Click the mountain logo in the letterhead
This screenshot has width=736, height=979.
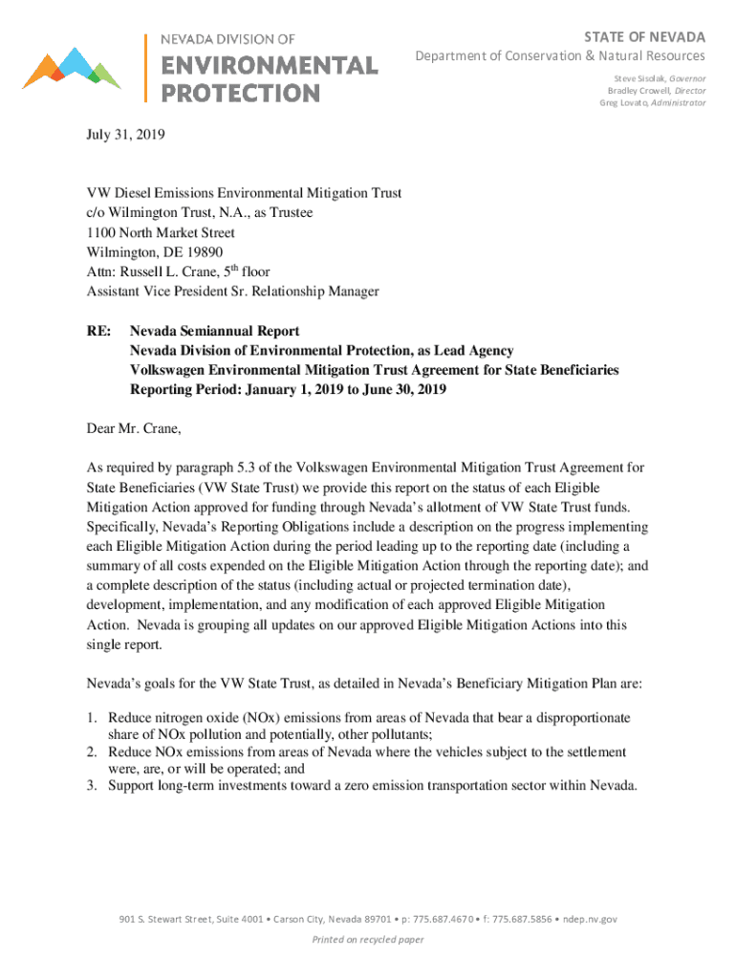pos(72,68)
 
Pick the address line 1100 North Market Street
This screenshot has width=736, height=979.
pos(161,232)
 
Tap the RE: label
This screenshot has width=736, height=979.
pos(98,331)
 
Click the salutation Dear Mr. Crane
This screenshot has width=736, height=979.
pos(132,428)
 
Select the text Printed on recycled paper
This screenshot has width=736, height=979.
pos(368,940)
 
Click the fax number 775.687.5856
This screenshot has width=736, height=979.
pos(525,920)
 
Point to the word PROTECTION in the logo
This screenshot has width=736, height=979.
pos(240,93)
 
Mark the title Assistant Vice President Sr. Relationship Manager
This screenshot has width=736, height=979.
pos(232,291)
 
